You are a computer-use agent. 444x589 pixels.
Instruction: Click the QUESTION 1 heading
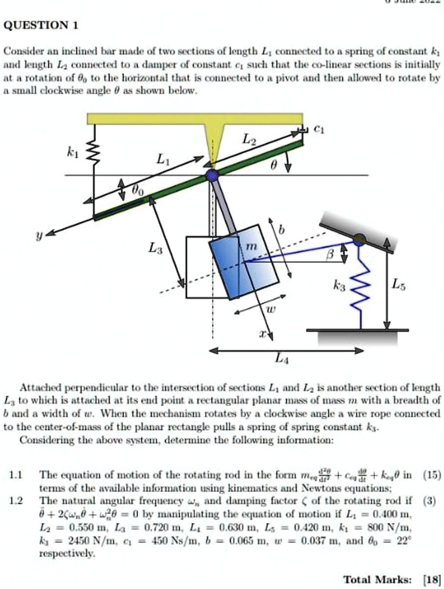pos(41,26)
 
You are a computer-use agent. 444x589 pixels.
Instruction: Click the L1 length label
pos(163,160)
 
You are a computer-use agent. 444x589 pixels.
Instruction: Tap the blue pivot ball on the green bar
pos(212,175)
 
